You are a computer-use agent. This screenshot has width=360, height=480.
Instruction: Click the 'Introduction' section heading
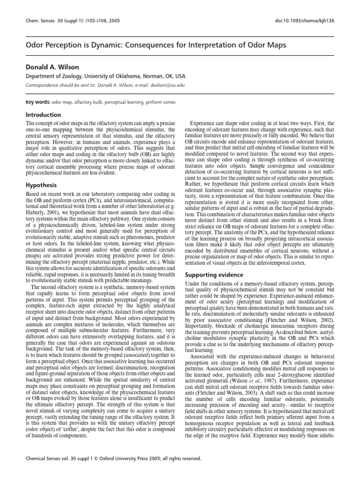tap(43, 115)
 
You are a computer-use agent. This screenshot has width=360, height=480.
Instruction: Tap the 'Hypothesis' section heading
tap(41, 185)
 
